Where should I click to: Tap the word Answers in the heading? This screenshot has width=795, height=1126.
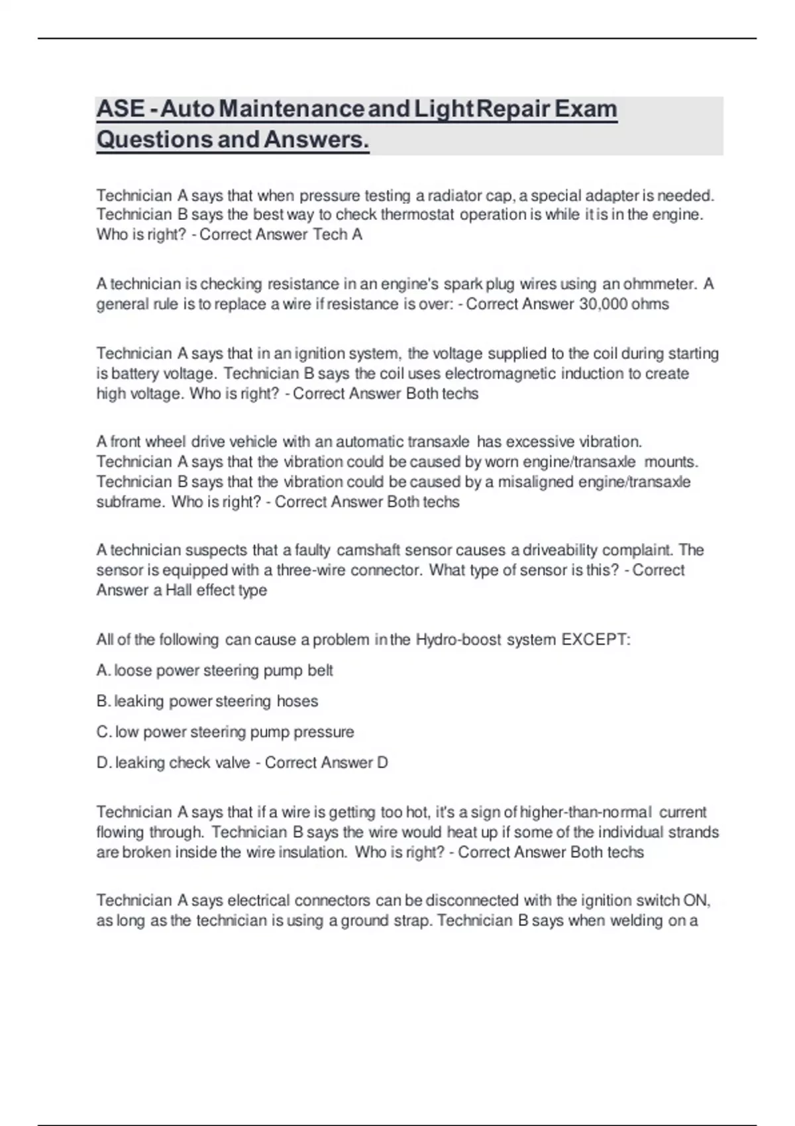click(316, 140)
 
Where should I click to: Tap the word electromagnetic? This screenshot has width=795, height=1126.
click(500, 374)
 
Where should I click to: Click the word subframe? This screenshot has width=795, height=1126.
click(130, 502)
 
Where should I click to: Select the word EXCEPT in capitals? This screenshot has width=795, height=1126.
click(594, 640)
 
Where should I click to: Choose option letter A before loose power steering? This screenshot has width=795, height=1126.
click(103, 670)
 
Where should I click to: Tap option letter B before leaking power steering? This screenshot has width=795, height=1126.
click(103, 701)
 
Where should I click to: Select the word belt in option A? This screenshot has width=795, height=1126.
click(320, 670)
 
